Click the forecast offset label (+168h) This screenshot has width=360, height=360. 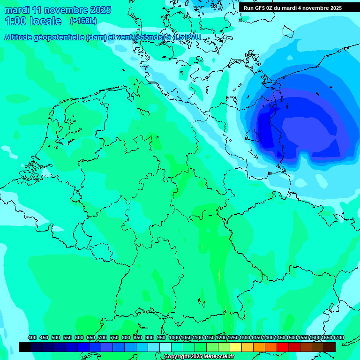(x=83, y=21)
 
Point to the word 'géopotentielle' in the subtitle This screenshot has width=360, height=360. (x=61, y=37)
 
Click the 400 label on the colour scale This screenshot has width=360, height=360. (x=32, y=338)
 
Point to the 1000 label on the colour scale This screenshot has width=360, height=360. (x=174, y=338)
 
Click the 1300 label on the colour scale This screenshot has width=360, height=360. (x=245, y=338)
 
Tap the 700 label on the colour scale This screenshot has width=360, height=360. (x=103, y=338)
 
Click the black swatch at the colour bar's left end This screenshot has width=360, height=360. (x=25, y=347)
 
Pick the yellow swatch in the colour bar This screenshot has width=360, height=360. (x=236, y=347)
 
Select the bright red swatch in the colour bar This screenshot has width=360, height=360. (x=283, y=347)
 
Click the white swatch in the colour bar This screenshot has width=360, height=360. (x=165, y=347)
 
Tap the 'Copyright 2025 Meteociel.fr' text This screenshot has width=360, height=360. (x=199, y=357)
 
